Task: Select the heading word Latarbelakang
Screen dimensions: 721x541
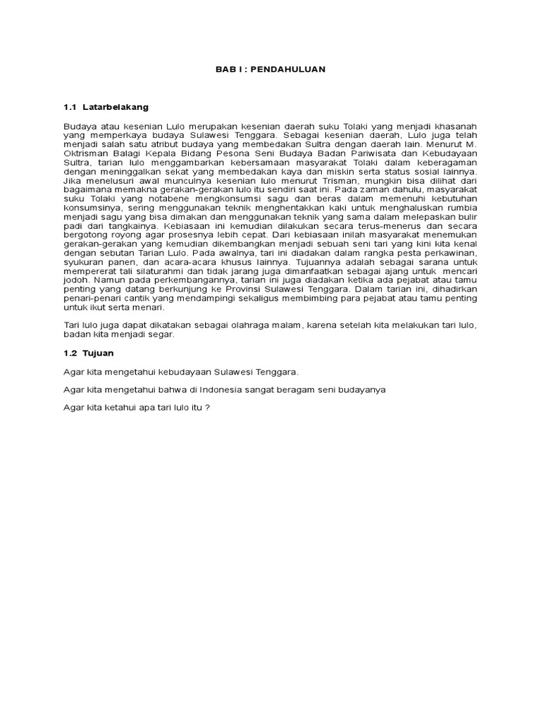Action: pyautogui.click(x=116, y=107)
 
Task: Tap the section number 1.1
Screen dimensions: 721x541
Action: pyautogui.click(x=69, y=107)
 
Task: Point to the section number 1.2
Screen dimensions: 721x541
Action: pyautogui.click(x=69, y=352)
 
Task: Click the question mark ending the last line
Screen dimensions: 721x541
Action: pyautogui.click(x=208, y=407)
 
